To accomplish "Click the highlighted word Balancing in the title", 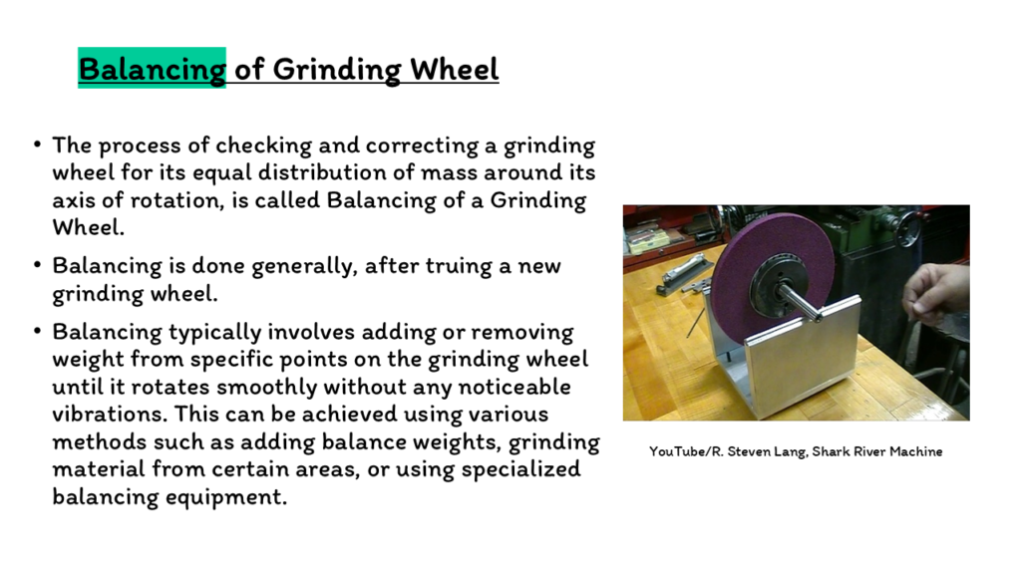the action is coord(152,69).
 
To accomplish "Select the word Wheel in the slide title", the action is coord(454,69).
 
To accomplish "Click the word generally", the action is coord(303,266).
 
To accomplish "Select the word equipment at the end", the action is coord(225,497).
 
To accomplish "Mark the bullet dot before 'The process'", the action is coord(38,144).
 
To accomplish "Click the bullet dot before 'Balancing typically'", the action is coord(38,332).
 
